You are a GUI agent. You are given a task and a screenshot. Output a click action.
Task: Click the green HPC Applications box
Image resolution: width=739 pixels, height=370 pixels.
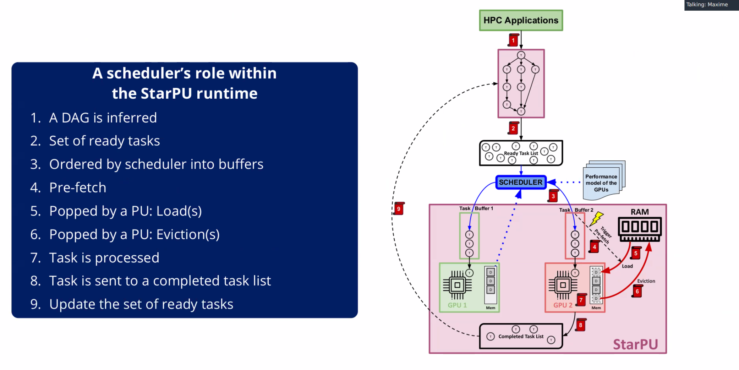(521, 20)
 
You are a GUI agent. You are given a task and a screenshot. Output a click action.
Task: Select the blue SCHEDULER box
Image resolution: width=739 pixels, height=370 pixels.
(521, 182)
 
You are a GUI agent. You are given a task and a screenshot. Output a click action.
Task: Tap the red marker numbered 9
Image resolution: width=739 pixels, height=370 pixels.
(399, 209)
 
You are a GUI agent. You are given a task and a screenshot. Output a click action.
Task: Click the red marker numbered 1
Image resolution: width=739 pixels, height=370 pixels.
(513, 40)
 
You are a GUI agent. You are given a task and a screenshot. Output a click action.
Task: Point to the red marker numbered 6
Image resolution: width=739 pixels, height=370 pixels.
(637, 291)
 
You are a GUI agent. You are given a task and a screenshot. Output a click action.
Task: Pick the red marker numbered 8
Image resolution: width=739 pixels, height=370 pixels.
(581, 325)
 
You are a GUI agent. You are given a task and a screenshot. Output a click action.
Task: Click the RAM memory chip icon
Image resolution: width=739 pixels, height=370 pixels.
(640, 229)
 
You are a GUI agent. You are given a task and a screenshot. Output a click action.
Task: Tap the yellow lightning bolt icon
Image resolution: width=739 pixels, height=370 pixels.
(597, 218)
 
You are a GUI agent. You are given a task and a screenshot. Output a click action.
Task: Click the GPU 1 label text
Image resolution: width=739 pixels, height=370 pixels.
(457, 305)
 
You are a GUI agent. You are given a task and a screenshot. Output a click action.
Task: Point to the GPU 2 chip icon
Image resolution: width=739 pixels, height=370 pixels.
(563, 285)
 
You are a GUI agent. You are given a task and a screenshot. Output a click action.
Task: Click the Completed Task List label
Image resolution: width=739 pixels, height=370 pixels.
(521, 336)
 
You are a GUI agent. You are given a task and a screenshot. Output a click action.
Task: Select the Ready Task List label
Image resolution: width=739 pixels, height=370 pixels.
(521, 153)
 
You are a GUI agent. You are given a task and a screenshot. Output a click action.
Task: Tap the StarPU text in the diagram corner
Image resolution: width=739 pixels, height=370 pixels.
(635, 344)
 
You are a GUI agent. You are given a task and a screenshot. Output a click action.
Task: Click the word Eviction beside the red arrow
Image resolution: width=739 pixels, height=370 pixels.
(646, 281)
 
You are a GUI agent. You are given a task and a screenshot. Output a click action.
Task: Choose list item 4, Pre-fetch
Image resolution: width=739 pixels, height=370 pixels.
(78, 187)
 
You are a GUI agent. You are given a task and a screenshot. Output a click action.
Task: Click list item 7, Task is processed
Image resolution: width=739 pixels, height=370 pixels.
(104, 257)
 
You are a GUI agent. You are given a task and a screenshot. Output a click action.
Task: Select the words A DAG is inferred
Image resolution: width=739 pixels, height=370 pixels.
(103, 118)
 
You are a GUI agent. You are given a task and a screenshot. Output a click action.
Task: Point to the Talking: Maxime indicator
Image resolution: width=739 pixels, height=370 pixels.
(707, 5)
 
